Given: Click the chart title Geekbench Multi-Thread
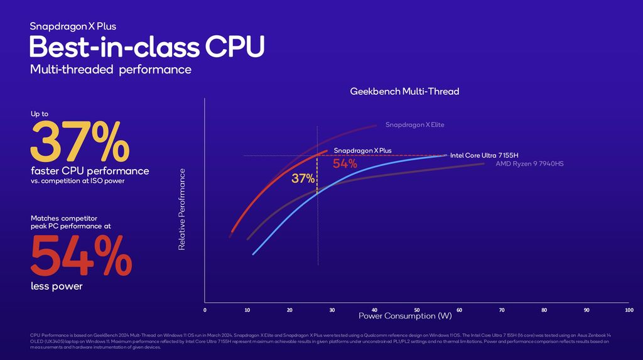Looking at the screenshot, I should coord(404,92).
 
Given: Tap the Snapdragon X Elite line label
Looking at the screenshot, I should coord(414,125).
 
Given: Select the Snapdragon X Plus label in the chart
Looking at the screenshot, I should coord(362,151).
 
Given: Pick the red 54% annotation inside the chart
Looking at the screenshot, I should coord(345,164).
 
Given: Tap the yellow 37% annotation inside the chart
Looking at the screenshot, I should coord(303,178).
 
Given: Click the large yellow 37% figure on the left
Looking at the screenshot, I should coord(80,143).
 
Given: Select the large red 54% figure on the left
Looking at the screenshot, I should coord(81,254).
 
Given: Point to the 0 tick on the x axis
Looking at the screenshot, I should coord(205,310).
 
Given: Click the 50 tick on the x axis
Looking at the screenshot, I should coord(417,310).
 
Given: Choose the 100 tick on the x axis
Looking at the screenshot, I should coord(629,310).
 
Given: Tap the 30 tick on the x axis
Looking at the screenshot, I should coord(332,310).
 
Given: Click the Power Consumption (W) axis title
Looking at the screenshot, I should coord(405,315).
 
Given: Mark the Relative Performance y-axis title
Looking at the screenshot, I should coord(182,209).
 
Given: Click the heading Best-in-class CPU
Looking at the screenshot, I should coord(147,47).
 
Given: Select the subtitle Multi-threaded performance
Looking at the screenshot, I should coord(111,70).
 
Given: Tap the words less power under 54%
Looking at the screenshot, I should coord(57,286).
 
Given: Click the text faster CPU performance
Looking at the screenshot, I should coord(90,171).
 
